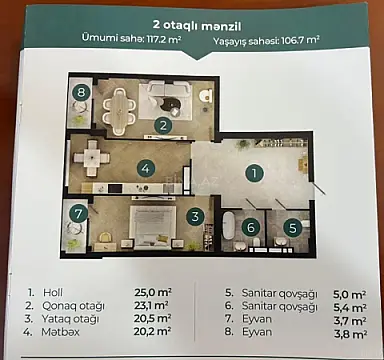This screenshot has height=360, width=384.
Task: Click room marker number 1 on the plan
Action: point(255,172)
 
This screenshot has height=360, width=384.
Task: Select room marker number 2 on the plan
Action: point(161,125)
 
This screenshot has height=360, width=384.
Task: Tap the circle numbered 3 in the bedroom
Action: point(197,214)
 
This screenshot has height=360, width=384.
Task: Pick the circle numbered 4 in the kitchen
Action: point(146,169)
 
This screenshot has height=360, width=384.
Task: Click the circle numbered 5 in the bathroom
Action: point(291,227)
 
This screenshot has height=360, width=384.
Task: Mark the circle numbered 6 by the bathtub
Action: point(251,227)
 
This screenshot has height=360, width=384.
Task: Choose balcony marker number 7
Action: point(77,213)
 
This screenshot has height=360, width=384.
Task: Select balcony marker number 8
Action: point(81,92)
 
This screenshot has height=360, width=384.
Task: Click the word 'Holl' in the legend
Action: point(52,293)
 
